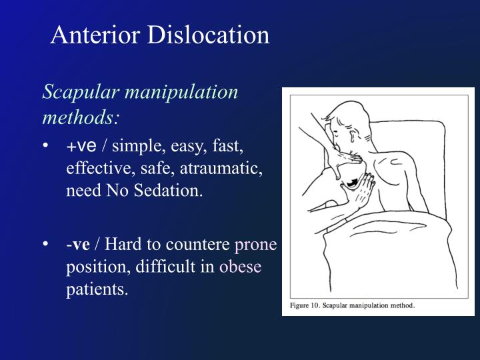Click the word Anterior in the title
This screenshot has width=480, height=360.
click(x=89, y=35)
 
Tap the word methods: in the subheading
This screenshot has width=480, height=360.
click(x=81, y=117)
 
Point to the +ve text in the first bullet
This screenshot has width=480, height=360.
click(x=81, y=146)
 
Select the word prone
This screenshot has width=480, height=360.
click(x=256, y=244)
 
